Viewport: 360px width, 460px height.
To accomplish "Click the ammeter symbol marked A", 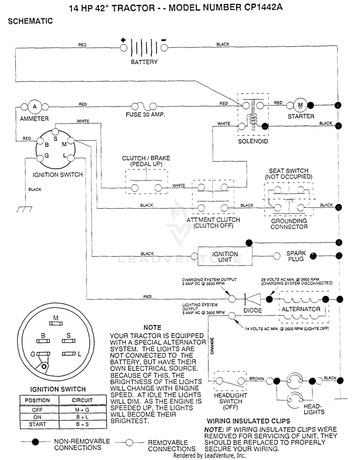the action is pyautogui.click(x=35, y=107).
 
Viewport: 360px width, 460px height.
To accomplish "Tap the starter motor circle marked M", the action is pyautogui.click(x=300, y=105).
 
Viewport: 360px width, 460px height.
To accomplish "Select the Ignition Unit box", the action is pyautogui.click(x=225, y=256).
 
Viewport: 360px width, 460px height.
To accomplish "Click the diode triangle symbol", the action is pyautogui.click(x=252, y=299).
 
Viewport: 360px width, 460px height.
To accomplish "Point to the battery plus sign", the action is pyautogui.click(x=123, y=40).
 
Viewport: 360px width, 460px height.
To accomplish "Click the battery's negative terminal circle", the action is pyautogui.click(x=164, y=48).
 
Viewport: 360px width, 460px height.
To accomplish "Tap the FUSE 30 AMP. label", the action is pyautogui.click(x=145, y=115).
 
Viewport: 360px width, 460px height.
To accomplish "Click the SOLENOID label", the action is pyautogui.click(x=253, y=141).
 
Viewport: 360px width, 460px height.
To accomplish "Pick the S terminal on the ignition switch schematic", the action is pyautogui.click(x=55, y=132).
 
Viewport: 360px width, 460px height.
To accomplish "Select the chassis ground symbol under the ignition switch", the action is pyautogui.click(x=25, y=209).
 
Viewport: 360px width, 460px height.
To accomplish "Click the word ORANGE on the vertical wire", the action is pyautogui.click(x=212, y=346).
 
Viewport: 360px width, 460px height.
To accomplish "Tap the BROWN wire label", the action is pyautogui.click(x=257, y=378).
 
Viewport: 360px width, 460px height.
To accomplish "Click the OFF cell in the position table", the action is pyautogui.click(x=37, y=410).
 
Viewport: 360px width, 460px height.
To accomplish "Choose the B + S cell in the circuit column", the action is pyautogui.click(x=83, y=424).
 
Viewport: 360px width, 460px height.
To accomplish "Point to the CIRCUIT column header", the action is pyautogui.click(x=83, y=400).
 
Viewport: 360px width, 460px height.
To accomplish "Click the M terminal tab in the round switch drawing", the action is pyautogui.click(x=56, y=323).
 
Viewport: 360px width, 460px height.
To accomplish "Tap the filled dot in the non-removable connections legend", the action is pyautogui.click(x=36, y=442).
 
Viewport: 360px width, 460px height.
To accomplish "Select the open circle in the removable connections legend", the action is pyautogui.click(x=129, y=443).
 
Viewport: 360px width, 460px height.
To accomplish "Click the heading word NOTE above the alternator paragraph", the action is pyautogui.click(x=152, y=327).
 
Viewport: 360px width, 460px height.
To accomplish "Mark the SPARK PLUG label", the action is pyautogui.click(x=296, y=256).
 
